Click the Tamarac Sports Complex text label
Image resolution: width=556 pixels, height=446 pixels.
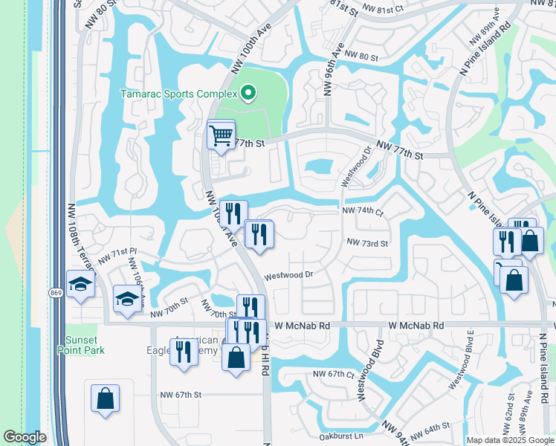pyautogui.click(x=178, y=94)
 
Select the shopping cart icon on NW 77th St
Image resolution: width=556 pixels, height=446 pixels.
pyautogui.click(x=221, y=136)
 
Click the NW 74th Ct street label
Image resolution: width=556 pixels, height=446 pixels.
pyautogui.click(x=362, y=211)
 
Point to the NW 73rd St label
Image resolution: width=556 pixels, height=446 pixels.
pyautogui.click(x=367, y=242)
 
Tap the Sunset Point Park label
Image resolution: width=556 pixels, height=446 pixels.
pyautogui.click(x=83, y=345)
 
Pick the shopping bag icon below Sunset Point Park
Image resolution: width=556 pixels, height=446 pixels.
pyautogui.click(x=105, y=398)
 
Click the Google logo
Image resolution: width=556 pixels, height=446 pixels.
pyautogui.click(x=25, y=437)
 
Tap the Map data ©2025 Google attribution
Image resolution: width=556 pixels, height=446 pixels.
pyautogui.click(x=510, y=440)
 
